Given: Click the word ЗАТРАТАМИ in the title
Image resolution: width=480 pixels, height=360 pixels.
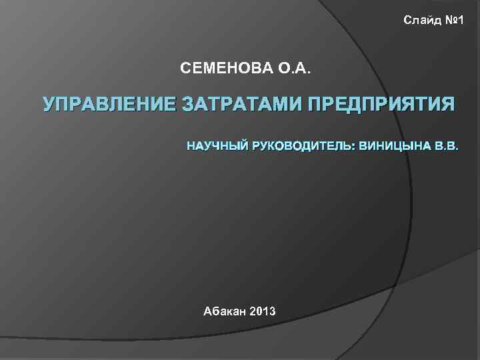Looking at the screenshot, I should (241, 105).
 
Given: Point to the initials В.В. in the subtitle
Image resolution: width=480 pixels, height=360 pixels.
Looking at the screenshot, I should (446, 145).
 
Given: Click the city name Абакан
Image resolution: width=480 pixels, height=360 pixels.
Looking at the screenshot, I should (224, 311).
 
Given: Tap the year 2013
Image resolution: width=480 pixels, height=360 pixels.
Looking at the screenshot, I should (264, 311).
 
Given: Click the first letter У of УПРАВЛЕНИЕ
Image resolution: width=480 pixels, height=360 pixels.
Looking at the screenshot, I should (48, 105).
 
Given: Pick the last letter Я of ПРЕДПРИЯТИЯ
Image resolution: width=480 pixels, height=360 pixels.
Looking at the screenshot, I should (448, 105).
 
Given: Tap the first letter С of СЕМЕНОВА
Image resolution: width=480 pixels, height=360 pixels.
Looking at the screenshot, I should (185, 67).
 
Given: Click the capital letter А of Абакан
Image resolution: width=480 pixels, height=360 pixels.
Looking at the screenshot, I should (207, 311).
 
